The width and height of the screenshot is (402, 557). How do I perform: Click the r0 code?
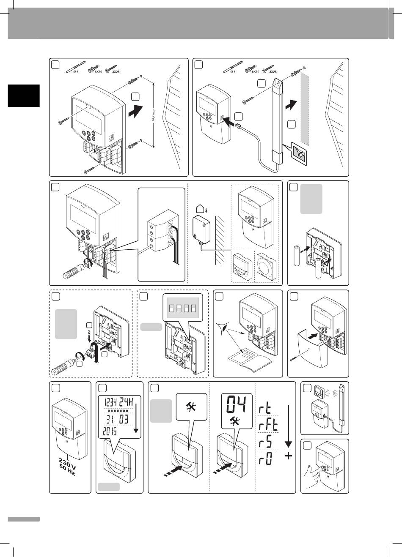pyautogui.click(x=267, y=459)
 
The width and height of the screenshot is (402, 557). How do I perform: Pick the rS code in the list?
pyautogui.click(x=267, y=442)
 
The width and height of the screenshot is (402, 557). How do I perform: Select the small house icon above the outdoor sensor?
pyautogui.click(x=201, y=208)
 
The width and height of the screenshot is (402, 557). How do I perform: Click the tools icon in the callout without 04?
pyautogui.click(x=192, y=407)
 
